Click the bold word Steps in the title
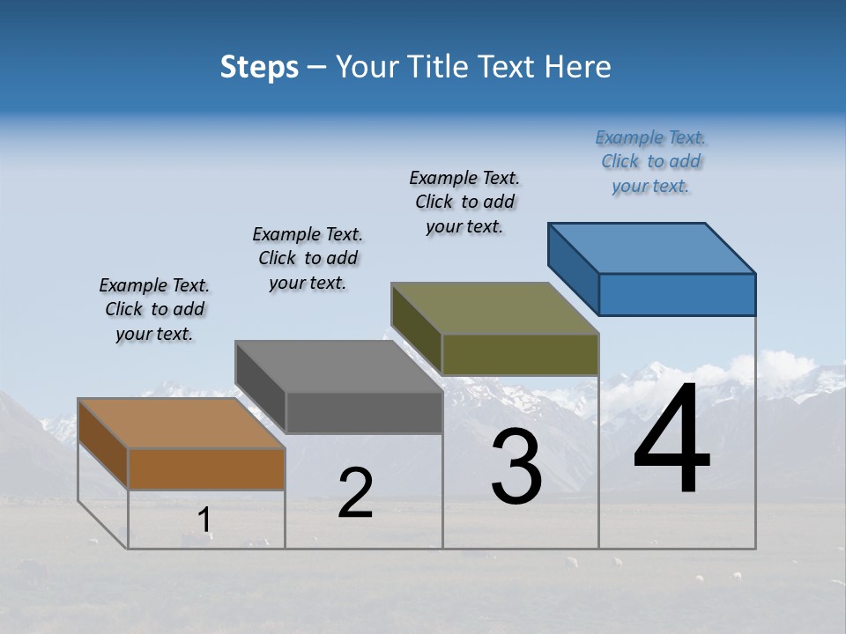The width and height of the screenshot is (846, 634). [x=259, y=67]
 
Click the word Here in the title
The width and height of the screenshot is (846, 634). [x=578, y=67]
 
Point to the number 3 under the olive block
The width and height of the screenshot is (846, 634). [x=516, y=467]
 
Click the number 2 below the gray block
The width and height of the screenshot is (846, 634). [x=355, y=493]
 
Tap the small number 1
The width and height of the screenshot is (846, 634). [x=204, y=520]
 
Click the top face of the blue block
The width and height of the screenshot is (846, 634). [x=652, y=247]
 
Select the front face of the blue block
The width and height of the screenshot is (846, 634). [x=677, y=294]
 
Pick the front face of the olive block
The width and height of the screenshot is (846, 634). [x=520, y=354]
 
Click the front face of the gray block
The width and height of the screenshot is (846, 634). [x=364, y=412]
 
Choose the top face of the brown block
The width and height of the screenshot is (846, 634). [x=182, y=424]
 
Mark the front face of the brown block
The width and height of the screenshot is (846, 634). [x=206, y=468]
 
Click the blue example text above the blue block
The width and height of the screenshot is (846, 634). [x=650, y=162]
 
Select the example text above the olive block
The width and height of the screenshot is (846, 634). [x=464, y=203]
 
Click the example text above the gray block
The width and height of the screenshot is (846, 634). [x=308, y=258]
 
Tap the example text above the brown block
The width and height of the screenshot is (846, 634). [x=154, y=309]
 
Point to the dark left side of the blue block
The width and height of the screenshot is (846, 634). [x=573, y=269]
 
